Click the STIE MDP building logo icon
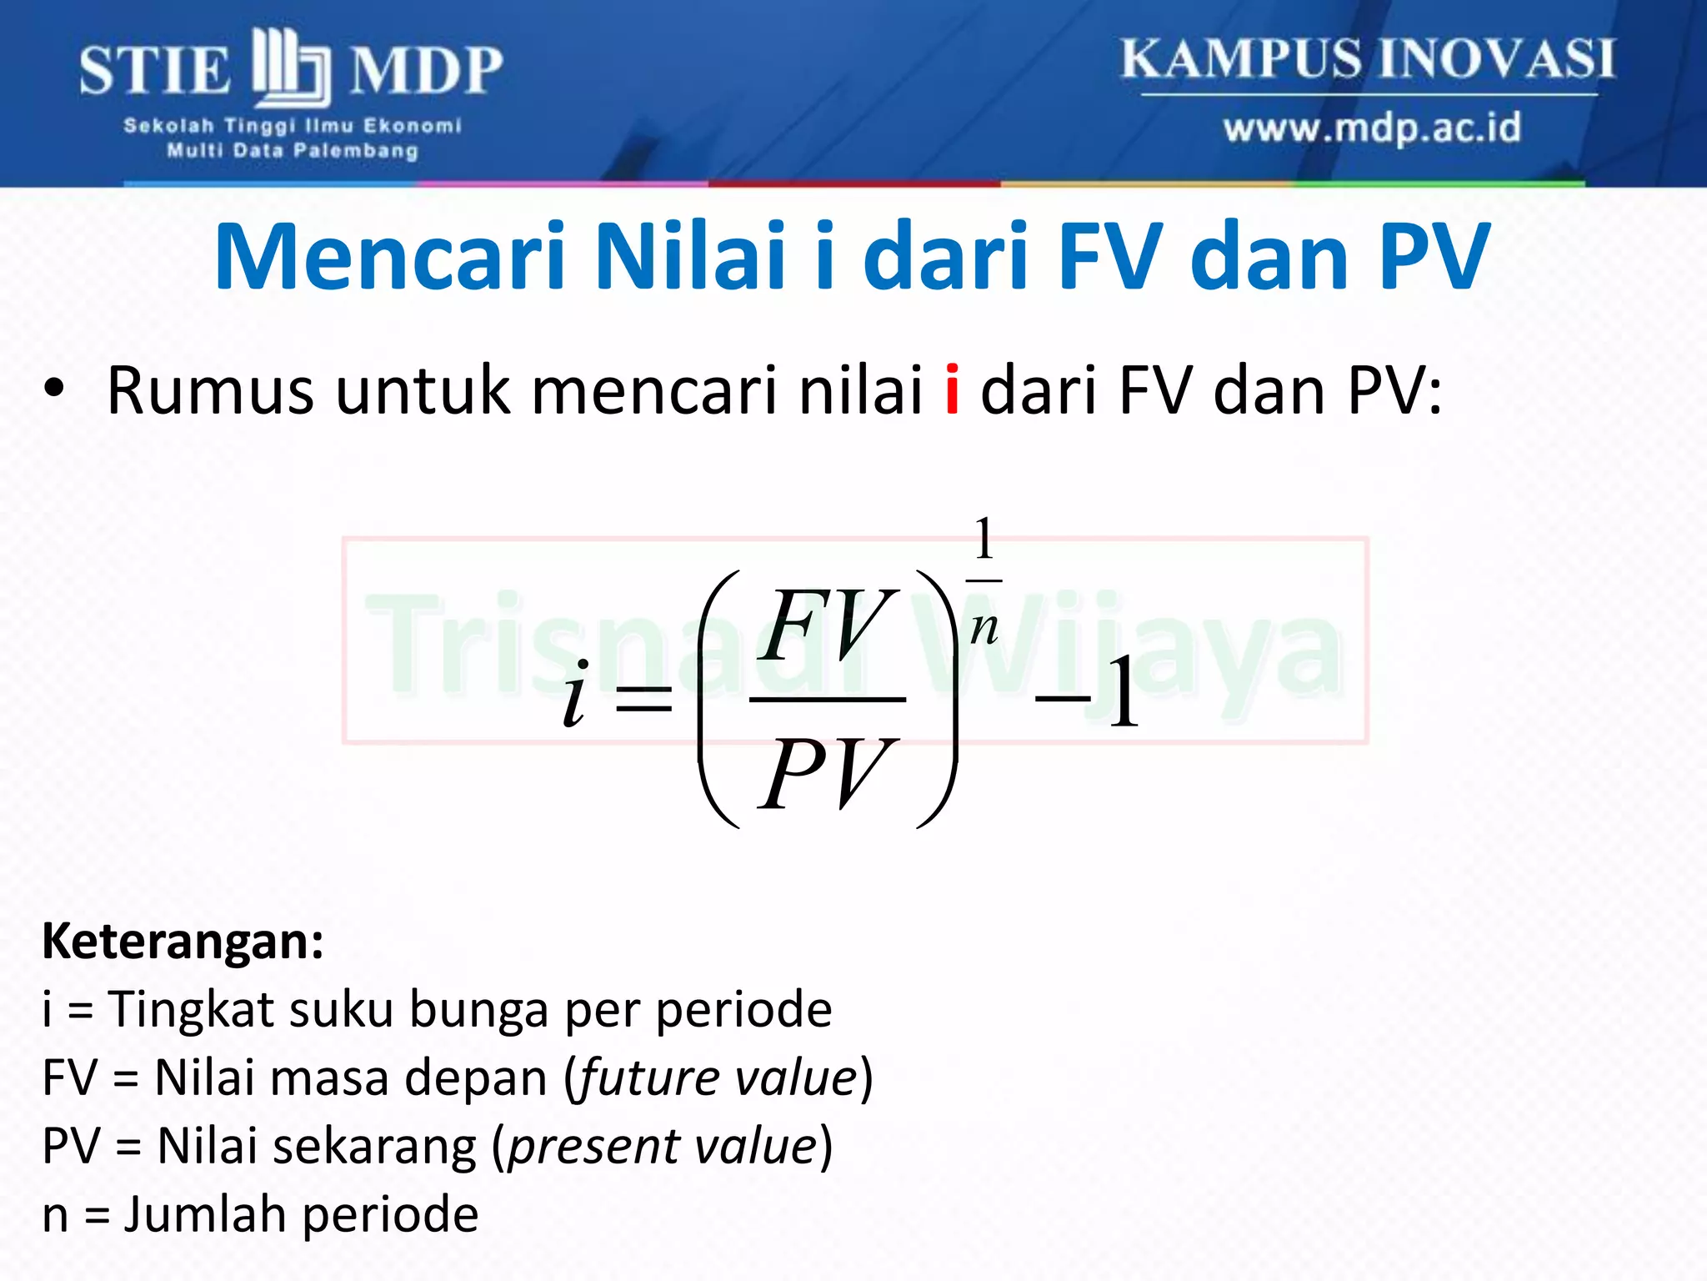coord(291,67)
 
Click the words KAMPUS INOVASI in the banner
coord(1368,58)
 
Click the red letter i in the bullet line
coord(952,390)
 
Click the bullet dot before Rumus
coord(54,389)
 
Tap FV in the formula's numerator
coord(829,625)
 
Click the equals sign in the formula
coord(643,698)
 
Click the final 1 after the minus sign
coord(1124,694)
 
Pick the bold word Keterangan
coord(183,942)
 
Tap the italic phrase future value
coord(718,1078)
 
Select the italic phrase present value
coord(663,1146)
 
